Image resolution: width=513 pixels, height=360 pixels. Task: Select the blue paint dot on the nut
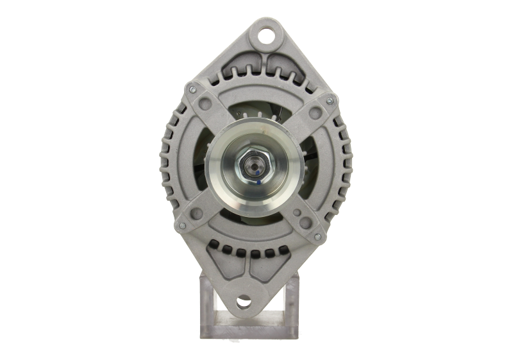[x=258, y=183]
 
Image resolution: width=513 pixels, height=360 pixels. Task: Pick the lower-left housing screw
[x=181, y=225]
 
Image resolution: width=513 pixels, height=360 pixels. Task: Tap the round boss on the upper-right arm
[x=313, y=113]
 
